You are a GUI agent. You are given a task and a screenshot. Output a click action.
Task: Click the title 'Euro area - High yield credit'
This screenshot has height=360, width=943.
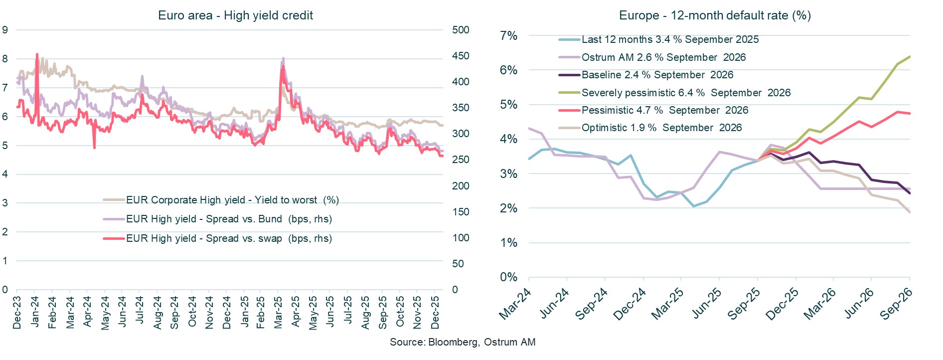(235, 15)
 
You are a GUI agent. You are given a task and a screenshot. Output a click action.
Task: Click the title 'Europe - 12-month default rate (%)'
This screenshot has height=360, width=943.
(715, 15)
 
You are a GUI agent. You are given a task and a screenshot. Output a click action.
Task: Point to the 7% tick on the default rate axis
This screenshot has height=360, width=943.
(508, 36)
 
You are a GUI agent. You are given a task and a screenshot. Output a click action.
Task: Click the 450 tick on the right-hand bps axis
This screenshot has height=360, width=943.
(461, 56)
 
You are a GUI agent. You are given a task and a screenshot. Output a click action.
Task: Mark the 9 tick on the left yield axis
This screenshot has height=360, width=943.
(5, 30)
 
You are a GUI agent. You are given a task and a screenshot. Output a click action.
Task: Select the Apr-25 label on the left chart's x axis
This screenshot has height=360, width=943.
(295, 312)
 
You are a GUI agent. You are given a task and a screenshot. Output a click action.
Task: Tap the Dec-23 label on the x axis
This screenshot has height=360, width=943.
(17, 313)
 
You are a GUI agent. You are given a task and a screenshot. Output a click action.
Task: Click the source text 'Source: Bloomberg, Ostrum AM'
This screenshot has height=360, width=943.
(462, 342)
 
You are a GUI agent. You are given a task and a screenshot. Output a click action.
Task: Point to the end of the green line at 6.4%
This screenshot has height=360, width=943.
(910, 56)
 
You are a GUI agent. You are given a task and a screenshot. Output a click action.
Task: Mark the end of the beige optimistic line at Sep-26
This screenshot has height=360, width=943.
(910, 212)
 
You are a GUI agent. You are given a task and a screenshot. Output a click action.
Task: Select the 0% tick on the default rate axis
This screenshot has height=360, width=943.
(508, 277)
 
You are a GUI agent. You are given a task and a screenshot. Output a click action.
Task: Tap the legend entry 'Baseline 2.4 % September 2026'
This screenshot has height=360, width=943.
(657, 75)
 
